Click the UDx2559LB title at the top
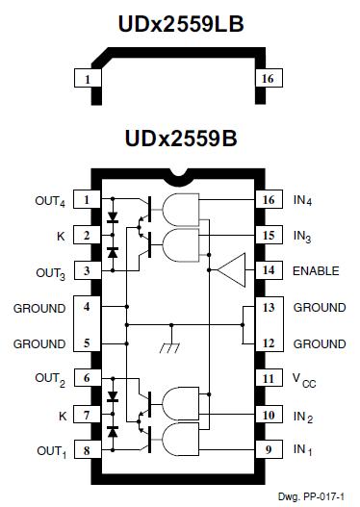pyautogui.click(x=179, y=20)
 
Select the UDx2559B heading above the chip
pyautogui.click(x=179, y=139)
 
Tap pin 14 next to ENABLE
pyautogui.click(x=267, y=270)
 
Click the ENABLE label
pyautogui.click(x=317, y=270)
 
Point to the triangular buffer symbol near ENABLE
pyautogui.click(x=230, y=271)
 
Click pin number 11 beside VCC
pyautogui.click(x=267, y=379)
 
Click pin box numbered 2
pyautogui.click(x=88, y=235)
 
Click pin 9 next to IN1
pyautogui.click(x=267, y=450)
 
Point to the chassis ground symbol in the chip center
pyautogui.click(x=171, y=349)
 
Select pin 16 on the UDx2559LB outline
pyautogui.click(x=267, y=79)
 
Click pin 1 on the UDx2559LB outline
pyautogui.click(x=88, y=79)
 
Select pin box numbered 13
pyautogui.click(x=267, y=307)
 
